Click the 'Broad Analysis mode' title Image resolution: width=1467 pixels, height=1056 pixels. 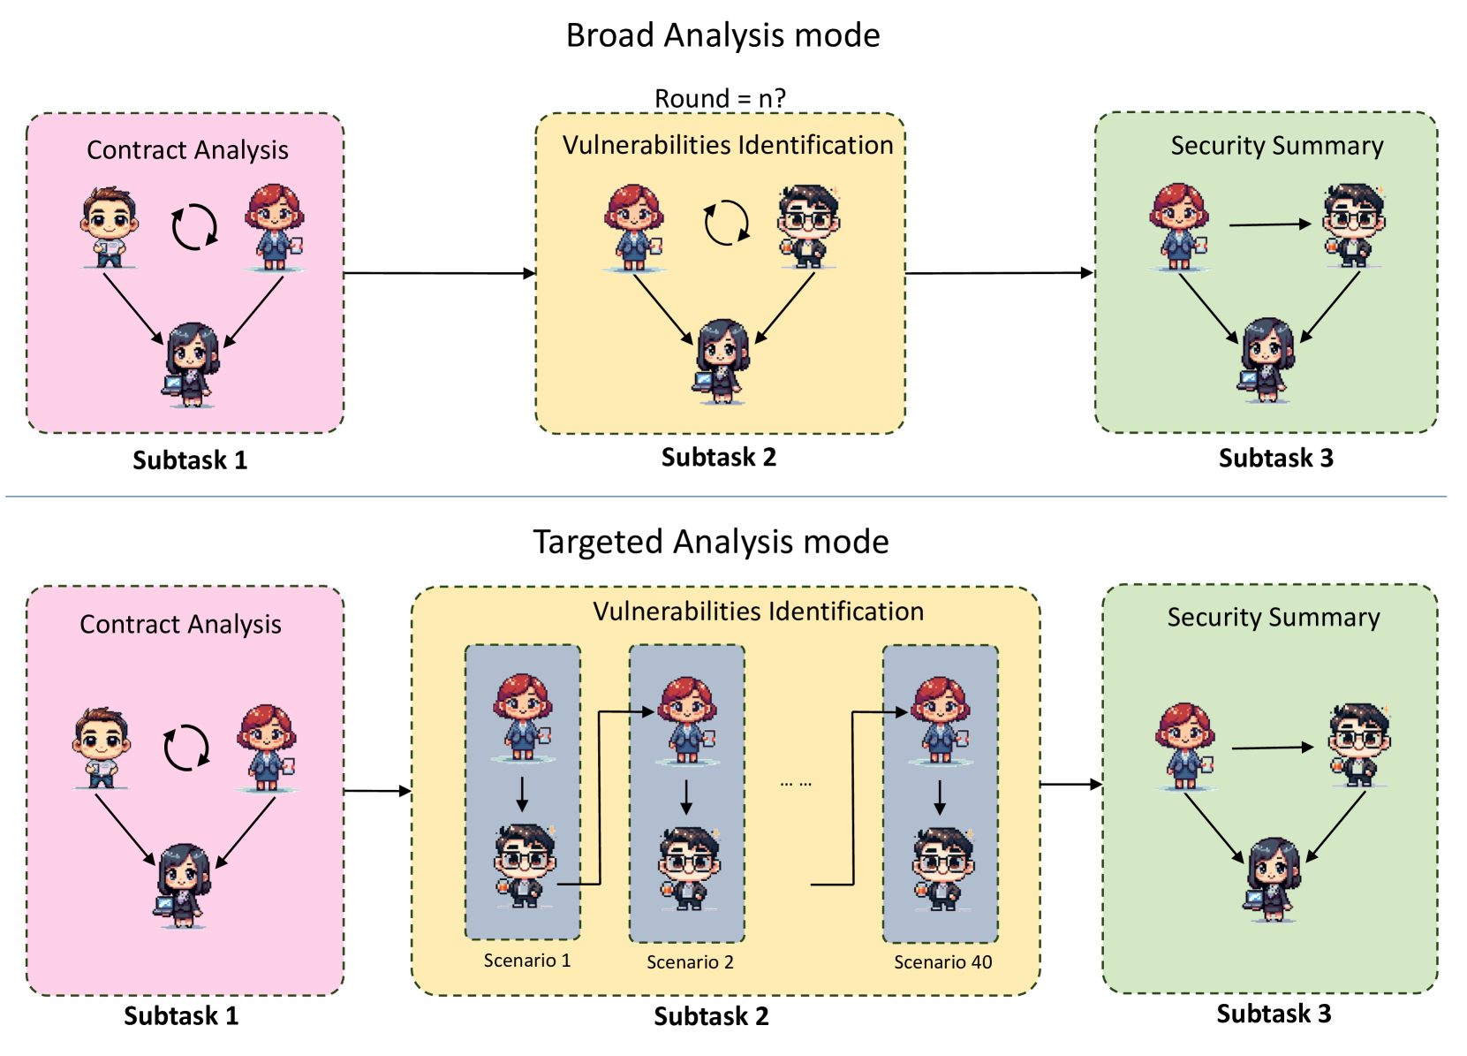click(x=722, y=34)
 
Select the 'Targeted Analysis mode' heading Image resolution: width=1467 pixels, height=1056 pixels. click(x=711, y=542)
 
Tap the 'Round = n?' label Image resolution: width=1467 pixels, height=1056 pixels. click(x=720, y=98)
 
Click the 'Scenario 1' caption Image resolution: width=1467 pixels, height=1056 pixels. click(x=527, y=961)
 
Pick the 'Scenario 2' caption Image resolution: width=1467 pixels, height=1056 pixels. click(x=690, y=961)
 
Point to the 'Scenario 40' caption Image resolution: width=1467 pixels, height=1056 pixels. click(x=942, y=961)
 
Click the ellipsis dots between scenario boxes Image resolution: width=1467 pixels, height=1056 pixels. click(x=796, y=784)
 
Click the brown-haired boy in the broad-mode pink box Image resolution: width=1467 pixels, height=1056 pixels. click(x=110, y=226)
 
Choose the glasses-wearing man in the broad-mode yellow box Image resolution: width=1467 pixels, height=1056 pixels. click(x=809, y=226)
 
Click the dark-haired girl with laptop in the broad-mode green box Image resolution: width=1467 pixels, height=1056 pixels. click(x=1266, y=360)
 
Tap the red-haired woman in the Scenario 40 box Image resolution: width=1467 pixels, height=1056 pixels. click(x=940, y=720)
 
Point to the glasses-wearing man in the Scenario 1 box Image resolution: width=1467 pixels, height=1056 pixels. click(x=524, y=865)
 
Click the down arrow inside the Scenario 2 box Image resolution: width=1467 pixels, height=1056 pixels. click(x=685, y=797)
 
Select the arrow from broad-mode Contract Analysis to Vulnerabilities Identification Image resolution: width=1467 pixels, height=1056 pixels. click(x=440, y=273)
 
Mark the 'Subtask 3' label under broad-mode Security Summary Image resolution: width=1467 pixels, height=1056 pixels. click(x=1275, y=458)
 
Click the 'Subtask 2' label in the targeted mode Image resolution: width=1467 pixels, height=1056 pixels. click(x=711, y=1016)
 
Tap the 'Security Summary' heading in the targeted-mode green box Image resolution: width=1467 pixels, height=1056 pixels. click(x=1274, y=617)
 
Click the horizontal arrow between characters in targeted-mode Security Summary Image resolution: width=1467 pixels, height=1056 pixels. click(x=1273, y=748)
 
